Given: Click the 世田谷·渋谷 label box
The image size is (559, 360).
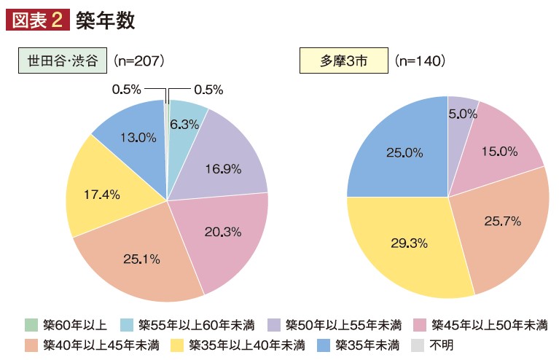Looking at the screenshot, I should click(62, 60).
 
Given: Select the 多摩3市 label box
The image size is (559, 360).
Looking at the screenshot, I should click(343, 60).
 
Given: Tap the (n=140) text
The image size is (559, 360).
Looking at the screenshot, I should click(420, 60).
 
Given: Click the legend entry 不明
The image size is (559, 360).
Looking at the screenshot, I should click(433, 343).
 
